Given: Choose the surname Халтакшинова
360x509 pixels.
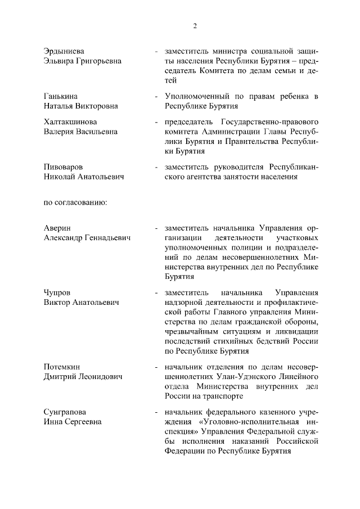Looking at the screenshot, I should (x=70, y=122).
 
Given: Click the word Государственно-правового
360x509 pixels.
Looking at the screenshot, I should (x=271, y=122).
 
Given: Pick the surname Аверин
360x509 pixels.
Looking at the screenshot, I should (x=57, y=228).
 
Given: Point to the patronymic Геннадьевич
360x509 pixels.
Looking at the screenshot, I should (x=109, y=238).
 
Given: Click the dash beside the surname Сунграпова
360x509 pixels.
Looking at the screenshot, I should (x=156, y=412).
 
